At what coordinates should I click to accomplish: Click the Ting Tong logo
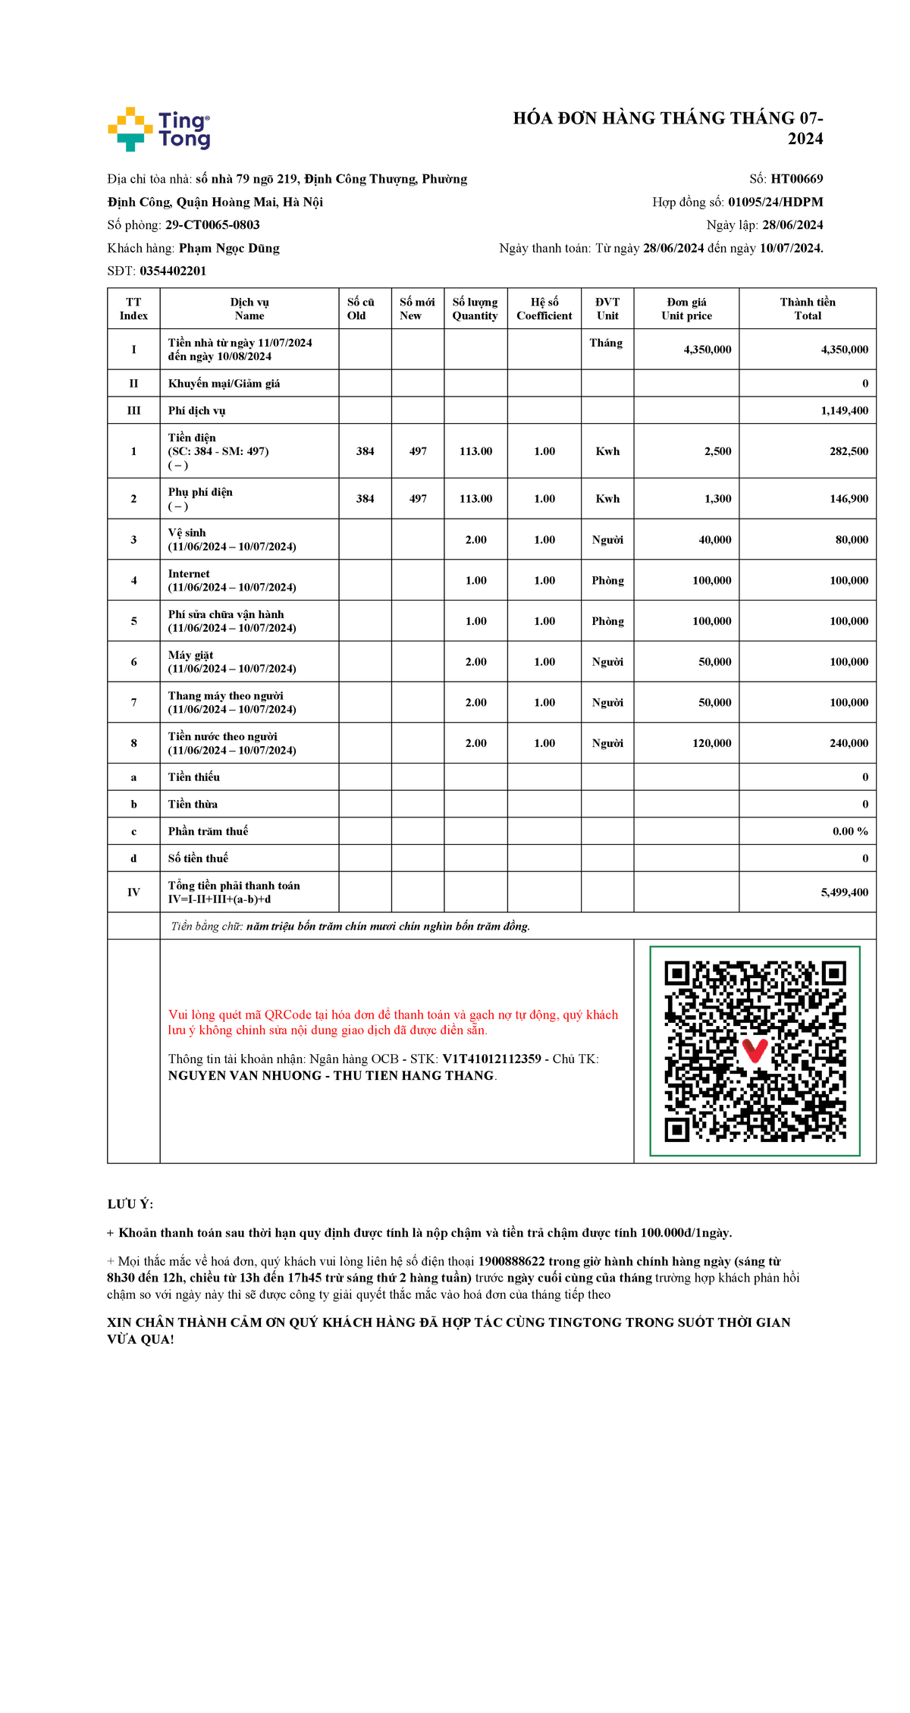point(159,129)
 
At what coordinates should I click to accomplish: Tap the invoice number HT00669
point(796,179)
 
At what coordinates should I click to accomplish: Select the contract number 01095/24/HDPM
point(775,202)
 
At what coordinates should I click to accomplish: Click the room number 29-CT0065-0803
point(212,225)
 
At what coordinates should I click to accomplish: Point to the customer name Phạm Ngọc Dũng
point(229,248)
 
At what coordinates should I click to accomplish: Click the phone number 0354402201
point(173,271)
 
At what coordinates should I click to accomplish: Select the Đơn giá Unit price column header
point(686,309)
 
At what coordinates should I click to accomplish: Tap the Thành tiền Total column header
point(808,309)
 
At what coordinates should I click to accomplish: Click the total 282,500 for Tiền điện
point(849,451)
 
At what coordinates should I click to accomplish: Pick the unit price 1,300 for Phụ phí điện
point(717,499)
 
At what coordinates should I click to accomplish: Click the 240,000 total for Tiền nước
point(849,743)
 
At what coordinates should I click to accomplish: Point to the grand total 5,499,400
point(844,893)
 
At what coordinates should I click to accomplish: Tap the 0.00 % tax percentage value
point(850,831)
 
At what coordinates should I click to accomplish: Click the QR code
point(755,1051)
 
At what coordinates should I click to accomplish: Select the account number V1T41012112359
point(491,1059)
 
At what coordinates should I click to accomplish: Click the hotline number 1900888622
point(511,1261)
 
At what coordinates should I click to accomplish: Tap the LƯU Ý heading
point(130,1204)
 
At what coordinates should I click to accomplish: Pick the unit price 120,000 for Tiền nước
point(711,743)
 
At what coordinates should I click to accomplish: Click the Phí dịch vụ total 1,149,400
point(844,410)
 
